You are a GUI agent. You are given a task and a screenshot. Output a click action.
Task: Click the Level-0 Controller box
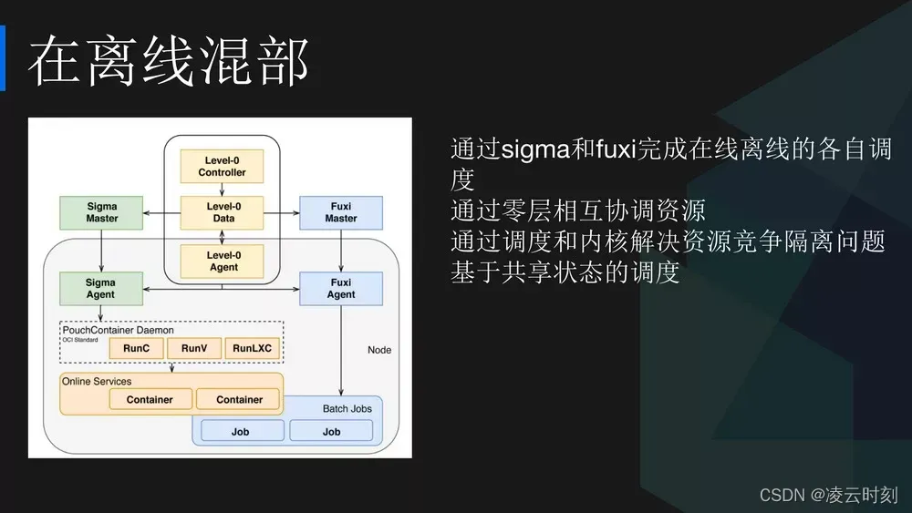[x=223, y=166]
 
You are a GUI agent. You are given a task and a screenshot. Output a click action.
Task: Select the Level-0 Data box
[x=223, y=212]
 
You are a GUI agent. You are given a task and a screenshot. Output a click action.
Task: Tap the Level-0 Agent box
[x=223, y=261]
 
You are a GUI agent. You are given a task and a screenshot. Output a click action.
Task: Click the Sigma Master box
[x=101, y=212]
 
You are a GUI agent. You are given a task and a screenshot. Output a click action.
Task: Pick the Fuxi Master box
[x=341, y=212]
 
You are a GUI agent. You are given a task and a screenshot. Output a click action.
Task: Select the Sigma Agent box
[x=101, y=288]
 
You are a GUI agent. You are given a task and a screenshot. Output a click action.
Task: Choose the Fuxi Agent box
[x=341, y=288]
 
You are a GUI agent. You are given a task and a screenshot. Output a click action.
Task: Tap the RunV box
[x=194, y=348]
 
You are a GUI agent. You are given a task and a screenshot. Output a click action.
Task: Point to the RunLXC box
[x=253, y=348]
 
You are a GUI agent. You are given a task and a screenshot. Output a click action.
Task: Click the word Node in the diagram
[x=378, y=350]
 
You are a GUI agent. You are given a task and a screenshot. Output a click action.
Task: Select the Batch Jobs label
[x=347, y=408]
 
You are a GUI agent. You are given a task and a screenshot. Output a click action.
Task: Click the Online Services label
[x=97, y=381]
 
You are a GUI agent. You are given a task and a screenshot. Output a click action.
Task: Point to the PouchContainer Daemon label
[x=118, y=330]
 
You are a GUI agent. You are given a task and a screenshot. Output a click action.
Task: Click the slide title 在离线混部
[x=169, y=63]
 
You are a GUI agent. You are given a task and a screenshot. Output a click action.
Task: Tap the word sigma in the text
[x=535, y=149]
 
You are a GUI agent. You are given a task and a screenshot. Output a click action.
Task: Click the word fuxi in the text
[x=616, y=149]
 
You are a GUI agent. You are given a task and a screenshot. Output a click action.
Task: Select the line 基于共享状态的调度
[x=565, y=272]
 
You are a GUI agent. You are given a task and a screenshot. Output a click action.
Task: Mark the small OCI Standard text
[x=80, y=340]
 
